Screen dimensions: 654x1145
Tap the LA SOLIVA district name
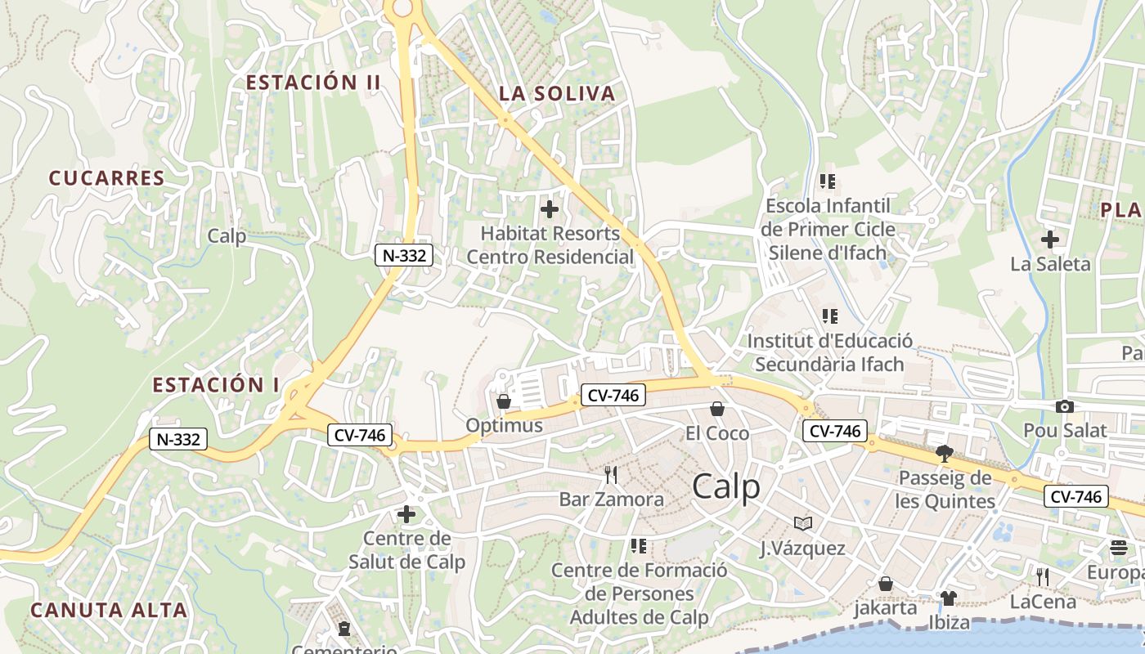[556, 94]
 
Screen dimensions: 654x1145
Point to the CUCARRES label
[106, 178]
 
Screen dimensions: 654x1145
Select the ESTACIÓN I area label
[216, 385]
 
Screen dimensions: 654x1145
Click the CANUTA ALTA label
[109, 610]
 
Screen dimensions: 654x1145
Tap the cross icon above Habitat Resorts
[550, 209]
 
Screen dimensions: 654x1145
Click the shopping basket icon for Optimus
[504, 401]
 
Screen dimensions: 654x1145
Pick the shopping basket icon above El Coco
[717, 408]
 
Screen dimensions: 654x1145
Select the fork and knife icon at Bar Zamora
[610, 475]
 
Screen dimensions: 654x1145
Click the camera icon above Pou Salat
[1064, 406]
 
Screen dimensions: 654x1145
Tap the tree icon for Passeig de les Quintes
[945, 453]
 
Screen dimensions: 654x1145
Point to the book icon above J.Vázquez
[803, 523]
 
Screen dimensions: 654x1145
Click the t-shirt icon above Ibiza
[948, 598]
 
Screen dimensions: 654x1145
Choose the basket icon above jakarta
[885, 584]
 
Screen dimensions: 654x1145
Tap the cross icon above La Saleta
[1050, 240]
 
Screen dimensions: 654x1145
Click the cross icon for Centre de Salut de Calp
[406, 514]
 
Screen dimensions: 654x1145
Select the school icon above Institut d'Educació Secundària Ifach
[829, 316]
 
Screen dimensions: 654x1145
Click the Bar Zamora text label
[611, 499]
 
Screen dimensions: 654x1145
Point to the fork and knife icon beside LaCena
[1042, 576]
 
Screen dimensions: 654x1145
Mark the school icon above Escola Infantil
[828, 181]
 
